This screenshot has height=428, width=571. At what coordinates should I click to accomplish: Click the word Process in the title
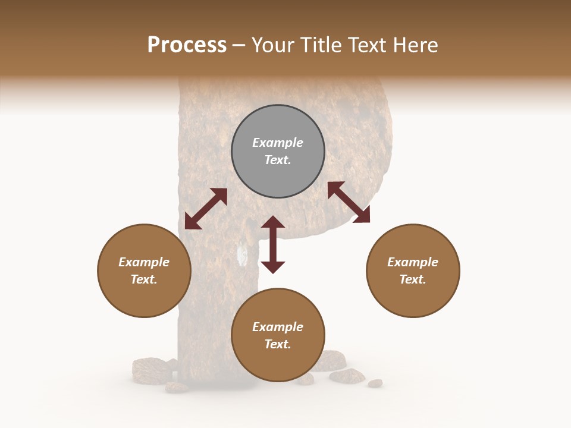(187, 45)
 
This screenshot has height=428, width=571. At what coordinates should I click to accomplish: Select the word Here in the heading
(416, 45)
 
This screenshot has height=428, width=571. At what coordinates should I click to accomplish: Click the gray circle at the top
(278, 152)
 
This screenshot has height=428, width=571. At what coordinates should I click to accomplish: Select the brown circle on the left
(144, 270)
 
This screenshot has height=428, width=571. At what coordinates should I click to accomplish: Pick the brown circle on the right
(413, 270)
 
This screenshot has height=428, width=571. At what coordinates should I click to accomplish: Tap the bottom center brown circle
(278, 335)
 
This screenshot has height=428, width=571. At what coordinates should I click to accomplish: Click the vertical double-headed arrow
(273, 244)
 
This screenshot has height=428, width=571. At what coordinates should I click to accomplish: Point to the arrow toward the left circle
(206, 209)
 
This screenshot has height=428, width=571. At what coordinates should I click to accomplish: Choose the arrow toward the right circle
(349, 202)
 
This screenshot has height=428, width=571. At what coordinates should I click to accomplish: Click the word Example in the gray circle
(278, 143)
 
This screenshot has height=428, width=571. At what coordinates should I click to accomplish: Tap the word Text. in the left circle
(144, 279)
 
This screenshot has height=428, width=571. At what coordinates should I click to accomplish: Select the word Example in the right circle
(413, 262)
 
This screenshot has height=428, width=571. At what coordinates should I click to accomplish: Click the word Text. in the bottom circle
(278, 344)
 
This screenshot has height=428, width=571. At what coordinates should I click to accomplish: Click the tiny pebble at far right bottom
(375, 383)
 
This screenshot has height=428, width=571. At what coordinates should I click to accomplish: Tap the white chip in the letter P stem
(242, 254)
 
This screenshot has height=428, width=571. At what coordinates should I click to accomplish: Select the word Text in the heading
(368, 45)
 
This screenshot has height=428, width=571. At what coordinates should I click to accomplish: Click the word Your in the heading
(272, 45)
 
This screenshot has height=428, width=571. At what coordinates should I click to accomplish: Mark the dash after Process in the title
(239, 46)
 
